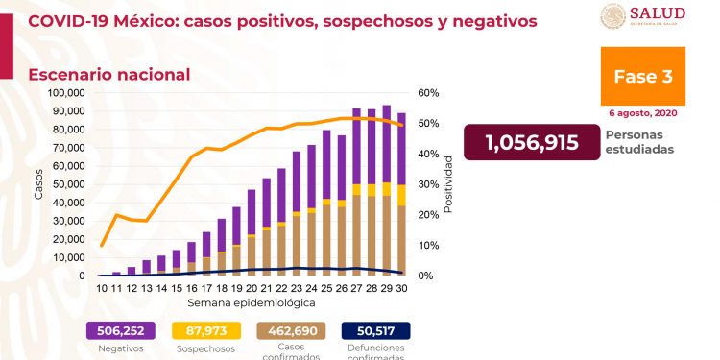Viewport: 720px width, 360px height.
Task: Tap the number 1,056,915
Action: (531, 142)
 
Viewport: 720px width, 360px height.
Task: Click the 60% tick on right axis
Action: (428, 93)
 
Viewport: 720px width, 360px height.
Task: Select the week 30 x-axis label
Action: (401, 287)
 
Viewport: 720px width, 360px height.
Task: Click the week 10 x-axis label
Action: (101, 287)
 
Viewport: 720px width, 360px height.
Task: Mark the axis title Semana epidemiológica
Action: (250, 301)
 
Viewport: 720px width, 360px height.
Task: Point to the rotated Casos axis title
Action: (38, 184)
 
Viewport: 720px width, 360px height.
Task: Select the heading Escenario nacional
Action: (108, 75)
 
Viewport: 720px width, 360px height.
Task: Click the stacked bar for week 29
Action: (386, 190)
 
